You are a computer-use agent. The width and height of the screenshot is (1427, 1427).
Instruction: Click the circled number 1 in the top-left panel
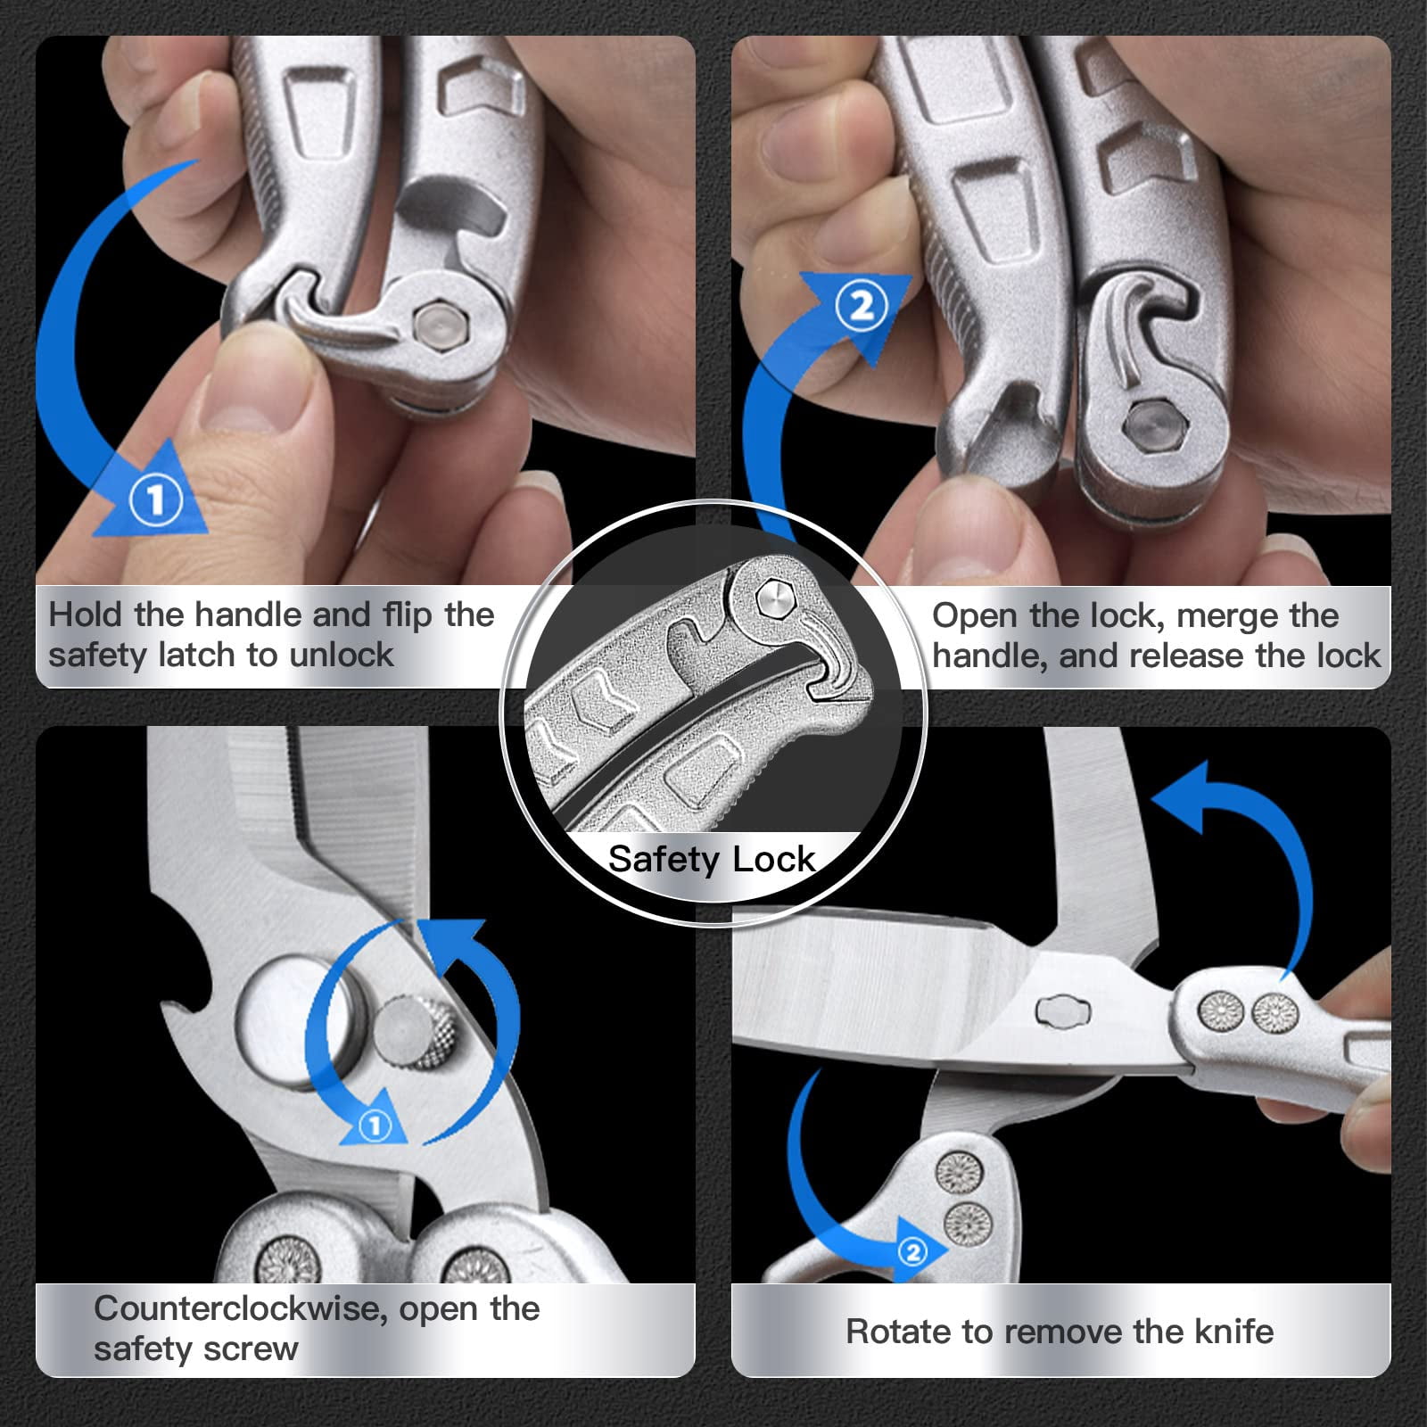pos(156,499)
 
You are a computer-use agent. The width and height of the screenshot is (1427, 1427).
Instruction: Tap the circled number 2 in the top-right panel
pos(862,307)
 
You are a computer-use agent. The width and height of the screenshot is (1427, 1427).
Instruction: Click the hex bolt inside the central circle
pos(773,598)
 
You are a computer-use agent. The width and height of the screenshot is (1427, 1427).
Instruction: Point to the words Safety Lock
pos(711,859)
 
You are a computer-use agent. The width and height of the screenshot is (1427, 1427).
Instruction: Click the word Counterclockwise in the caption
pos(240,1308)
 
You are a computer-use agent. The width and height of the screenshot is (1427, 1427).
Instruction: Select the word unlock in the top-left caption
pos(341,655)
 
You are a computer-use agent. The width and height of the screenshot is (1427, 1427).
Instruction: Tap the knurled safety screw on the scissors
pos(414,1035)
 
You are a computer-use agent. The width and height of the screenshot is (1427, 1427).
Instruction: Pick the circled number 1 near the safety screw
pos(375,1126)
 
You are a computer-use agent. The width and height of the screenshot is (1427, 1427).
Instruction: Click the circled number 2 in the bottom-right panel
pos(912,1252)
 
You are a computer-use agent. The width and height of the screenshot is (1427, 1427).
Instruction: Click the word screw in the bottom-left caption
pos(252,1349)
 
